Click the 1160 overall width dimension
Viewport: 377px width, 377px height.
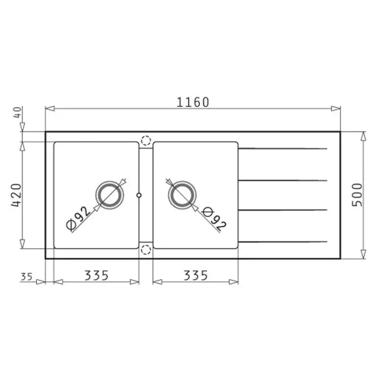(x=193, y=102)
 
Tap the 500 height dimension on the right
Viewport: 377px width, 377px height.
(x=357, y=195)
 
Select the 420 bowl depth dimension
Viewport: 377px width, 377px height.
(x=16, y=195)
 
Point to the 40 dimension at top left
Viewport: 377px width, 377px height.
(x=17, y=112)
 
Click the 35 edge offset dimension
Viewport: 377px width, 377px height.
(x=27, y=277)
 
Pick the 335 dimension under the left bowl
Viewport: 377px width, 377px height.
(x=96, y=275)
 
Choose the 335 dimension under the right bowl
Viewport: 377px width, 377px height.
(x=195, y=275)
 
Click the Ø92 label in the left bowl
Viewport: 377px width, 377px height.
(x=78, y=218)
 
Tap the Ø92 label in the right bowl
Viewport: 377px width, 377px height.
(x=214, y=219)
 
